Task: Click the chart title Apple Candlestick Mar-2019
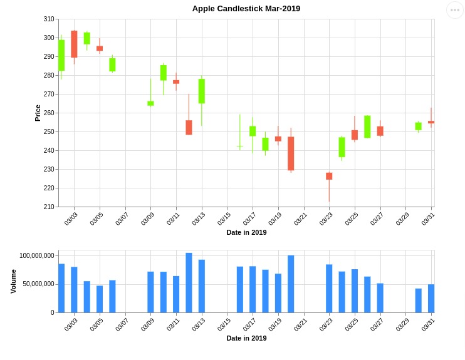click(x=246, y=8)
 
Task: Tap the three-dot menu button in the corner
click(x=455, y=10)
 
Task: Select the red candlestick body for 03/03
click(x=74, y=44)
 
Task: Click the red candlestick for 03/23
click(x=329, y=176)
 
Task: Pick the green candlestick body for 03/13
click(x=202, y=91)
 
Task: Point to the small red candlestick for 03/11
click(x=176, y=81)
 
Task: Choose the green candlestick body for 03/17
click(x=253, y=131)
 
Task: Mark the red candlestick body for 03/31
click(x=431, y=122)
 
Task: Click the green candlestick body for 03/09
click(x=150, y=103)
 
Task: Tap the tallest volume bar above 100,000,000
click(x=189, y=282)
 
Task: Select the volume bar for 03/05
click(x=100, y=299)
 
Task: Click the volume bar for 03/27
click(x=380, y=297)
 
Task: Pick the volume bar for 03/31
click(x=431, y=298)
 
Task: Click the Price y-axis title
click(x=38, y=113)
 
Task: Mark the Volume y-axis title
click(x=14, y=281)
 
